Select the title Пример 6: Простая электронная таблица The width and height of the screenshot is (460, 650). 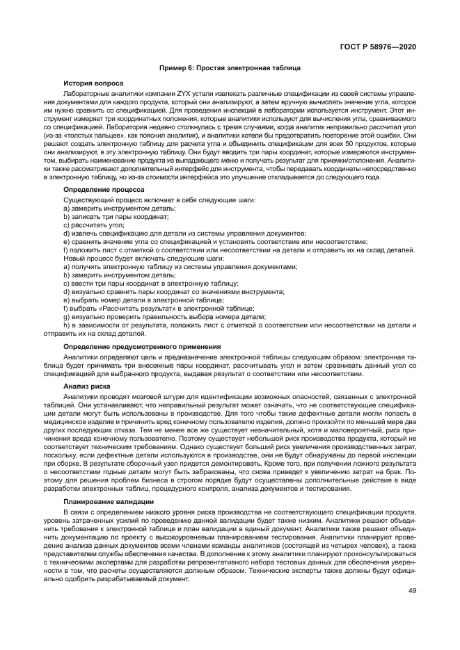pos(230,68)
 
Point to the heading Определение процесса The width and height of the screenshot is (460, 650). pos(104,189)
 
